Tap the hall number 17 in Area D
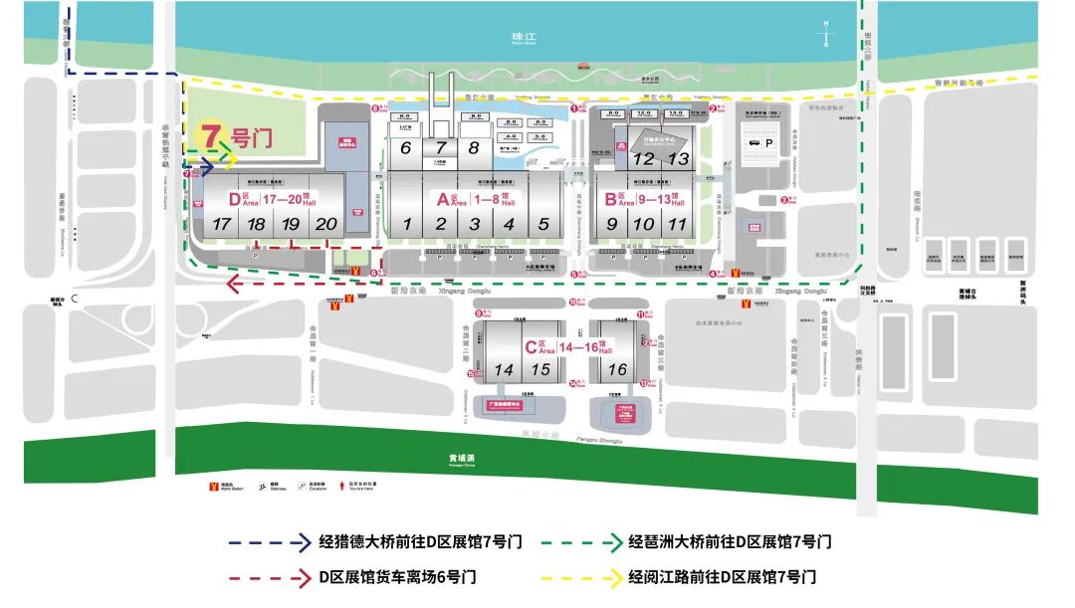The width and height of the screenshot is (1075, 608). (222, 225)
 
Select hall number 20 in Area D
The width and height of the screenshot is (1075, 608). (325, 225)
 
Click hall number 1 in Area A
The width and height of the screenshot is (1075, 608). (406, 225)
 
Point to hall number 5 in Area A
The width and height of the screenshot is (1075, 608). (543, 225)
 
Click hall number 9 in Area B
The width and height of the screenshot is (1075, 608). (612, 225)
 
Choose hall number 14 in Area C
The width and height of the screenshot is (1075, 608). (504, 370)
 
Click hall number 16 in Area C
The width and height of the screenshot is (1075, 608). (618, 370)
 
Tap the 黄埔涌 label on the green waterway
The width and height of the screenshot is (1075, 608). (461, 460)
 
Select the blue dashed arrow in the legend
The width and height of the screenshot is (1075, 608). (269, 543)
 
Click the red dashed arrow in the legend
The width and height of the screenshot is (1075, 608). (269, 576)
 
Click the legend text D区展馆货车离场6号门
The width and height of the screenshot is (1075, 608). (398, 576)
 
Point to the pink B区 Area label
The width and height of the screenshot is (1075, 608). (615, 198)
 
